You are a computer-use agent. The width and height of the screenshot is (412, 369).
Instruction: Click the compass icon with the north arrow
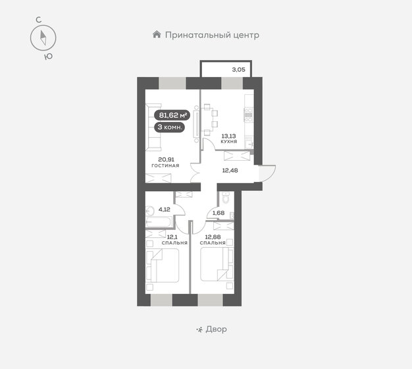pos(43,38)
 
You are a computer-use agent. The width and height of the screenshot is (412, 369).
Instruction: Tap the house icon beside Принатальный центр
pos(156,34)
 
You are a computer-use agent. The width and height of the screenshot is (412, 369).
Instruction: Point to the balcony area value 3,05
pos(239,68)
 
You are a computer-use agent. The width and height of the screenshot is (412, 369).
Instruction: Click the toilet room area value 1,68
pos(217,212)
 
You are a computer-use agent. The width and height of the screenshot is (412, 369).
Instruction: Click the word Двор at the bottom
pos(216,329)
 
